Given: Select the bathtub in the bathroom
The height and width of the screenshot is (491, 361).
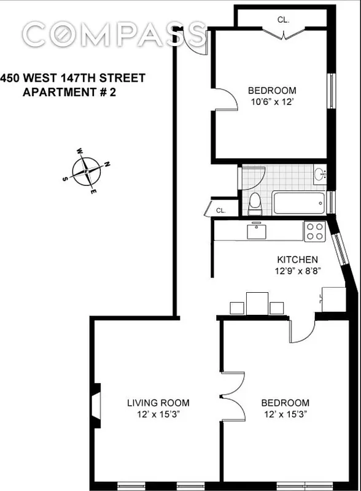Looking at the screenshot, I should pyautogui.click(x=299, y=203).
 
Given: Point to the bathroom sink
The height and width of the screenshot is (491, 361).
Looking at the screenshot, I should pyautogui.click(x=320, y=175).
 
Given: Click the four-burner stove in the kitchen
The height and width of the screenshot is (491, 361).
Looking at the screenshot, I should pyautogui.click(x=315, y=231).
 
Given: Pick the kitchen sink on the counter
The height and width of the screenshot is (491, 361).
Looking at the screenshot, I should pyautogui.click(x=255, y=231).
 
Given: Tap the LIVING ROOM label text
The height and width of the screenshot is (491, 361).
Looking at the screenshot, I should pyautogui.click(x=158, y=403).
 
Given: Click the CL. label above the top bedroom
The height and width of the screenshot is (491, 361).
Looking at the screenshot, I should pyautogui.click(x=283, y=20).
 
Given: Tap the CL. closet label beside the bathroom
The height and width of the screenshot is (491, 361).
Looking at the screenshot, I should pyautogui.click(x=221, y=211).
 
